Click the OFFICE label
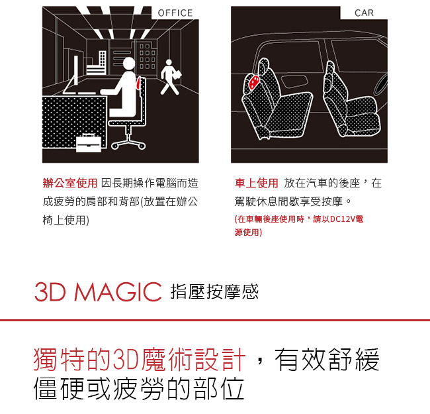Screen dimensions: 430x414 tap(175, 13)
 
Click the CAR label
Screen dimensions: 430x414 tap(364, 13)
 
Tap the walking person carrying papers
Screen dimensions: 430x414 tap(170, 77)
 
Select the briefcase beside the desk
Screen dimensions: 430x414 tap(89, 143)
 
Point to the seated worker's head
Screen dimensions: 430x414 tap(129, 64)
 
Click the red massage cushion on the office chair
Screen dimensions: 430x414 tap(138, 83)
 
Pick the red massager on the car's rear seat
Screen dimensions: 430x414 tap(253, 81)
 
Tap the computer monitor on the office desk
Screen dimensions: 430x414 tap(75, 71)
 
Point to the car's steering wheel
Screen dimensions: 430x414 tap(381, 82)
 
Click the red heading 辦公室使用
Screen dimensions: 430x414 tap(70, 183)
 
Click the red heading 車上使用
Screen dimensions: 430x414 tap(256, 183)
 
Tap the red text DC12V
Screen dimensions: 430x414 tap(343, 219)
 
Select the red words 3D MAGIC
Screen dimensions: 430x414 tap(98, 291)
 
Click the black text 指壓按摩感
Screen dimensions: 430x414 tap(214, 291)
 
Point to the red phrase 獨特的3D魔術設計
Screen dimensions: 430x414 tap(140, 360)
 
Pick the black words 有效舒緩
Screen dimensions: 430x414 tap(327, 360)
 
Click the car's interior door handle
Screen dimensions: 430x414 tap(294, 81)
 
